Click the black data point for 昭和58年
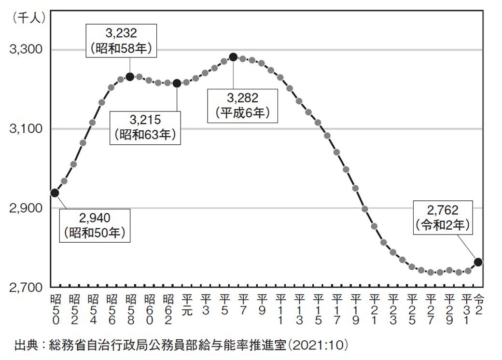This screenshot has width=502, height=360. point(129,76)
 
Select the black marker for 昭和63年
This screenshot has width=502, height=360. point(177,83)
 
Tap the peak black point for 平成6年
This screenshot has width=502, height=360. point(233,57)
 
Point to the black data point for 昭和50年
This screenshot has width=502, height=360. point(55,193)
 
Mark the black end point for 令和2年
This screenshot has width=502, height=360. point(478,262)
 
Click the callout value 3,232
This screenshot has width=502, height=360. point(122,33)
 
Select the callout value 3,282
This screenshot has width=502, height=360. point(242,98)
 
